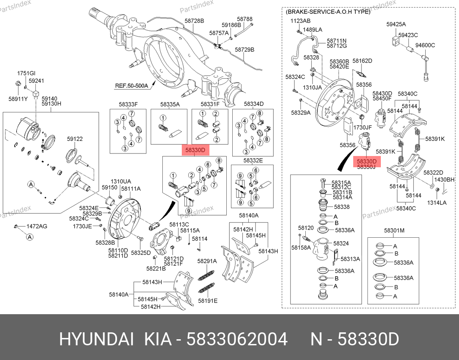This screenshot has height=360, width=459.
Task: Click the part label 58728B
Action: click(x=194, y=21)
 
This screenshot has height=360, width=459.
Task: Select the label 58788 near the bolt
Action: click(x=245, y=19)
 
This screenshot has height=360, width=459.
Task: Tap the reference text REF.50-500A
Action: click(x=131, y=86)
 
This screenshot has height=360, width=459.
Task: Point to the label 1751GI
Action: click(x=26, y=73)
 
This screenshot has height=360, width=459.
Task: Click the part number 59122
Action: click(x=75, y=139)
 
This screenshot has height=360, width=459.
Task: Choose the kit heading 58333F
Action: click(x=128, y=104)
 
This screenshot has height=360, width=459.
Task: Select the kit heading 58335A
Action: click(x=170, y=104)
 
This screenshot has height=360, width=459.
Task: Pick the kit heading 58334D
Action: click(x=253, y=104)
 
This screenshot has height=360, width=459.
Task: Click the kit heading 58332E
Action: click(x=253, y=160)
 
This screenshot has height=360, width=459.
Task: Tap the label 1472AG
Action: click(x=37, y=226)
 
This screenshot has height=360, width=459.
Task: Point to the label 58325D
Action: click(x=141, y=252)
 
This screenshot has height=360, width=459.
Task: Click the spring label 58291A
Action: click(x=207, y=261)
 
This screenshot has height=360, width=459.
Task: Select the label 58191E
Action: click(x=208, y=301)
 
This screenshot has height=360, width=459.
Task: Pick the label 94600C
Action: click(x=425, y=45)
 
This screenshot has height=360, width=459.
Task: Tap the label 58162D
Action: click(x=362, y=61)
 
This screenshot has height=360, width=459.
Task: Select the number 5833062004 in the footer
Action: click(x=237, y=340)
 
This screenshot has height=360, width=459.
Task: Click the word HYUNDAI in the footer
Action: click(x=97, y=340)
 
